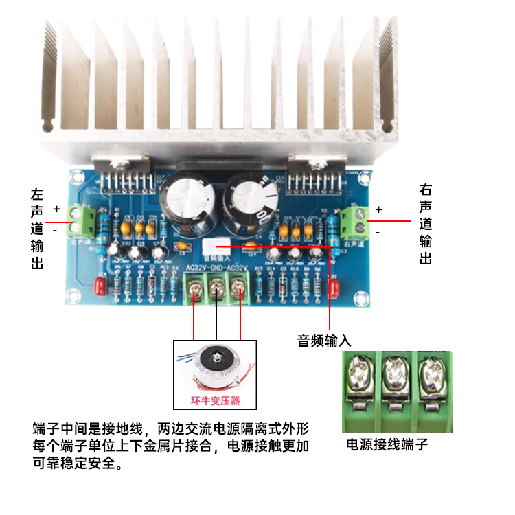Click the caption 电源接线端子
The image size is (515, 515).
387,444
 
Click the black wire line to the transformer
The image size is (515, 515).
218,319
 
